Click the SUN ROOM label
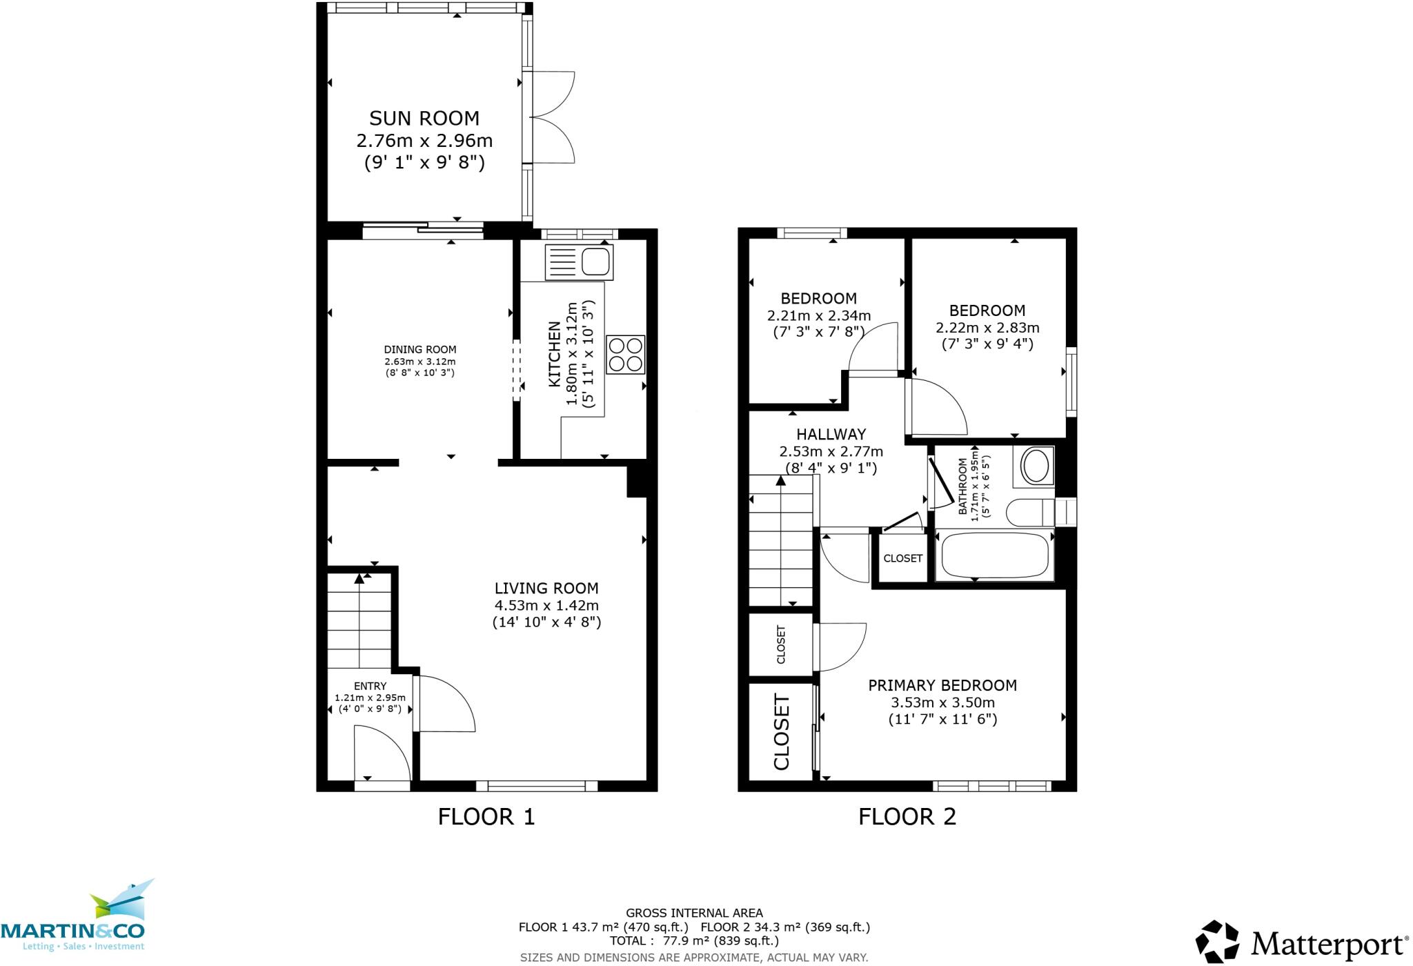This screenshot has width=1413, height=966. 424,118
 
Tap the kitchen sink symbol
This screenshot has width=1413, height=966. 579,262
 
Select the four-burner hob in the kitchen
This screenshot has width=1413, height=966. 625,354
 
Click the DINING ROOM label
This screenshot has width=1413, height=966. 419,350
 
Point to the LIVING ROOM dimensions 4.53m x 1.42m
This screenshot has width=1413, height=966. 546,606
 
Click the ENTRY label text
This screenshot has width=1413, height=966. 370,686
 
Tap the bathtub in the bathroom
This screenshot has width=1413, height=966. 994,555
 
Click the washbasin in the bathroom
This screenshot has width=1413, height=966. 1035,466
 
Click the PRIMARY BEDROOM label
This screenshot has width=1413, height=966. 942,685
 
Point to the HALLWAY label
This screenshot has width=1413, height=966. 831,435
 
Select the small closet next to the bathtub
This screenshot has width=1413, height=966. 902,558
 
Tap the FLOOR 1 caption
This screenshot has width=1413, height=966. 486,817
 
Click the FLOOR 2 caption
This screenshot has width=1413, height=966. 907,817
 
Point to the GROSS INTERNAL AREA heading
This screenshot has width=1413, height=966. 693,913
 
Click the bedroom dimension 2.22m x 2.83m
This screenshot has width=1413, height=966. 987,328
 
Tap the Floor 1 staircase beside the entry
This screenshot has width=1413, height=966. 359,621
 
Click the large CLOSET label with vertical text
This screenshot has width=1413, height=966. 781,732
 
